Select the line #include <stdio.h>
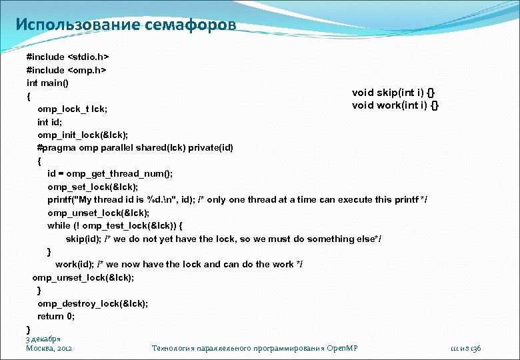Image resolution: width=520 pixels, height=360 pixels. point(67,57)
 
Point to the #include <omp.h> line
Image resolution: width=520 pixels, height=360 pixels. point(66,70)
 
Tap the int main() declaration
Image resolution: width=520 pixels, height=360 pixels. point(47,83)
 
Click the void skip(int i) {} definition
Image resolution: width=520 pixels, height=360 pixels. point(395,93)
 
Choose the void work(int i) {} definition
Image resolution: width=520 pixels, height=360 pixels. point(395,105)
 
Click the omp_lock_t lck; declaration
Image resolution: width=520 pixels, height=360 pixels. point(73,108)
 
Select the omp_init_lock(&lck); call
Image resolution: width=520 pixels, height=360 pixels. point(83,134)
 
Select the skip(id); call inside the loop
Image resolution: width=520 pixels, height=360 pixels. point(81,239)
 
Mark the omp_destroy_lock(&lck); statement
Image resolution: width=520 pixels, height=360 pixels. point(93,303)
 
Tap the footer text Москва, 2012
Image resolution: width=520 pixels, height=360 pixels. point(49,348)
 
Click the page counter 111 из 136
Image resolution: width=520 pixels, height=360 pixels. point(465,348)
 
